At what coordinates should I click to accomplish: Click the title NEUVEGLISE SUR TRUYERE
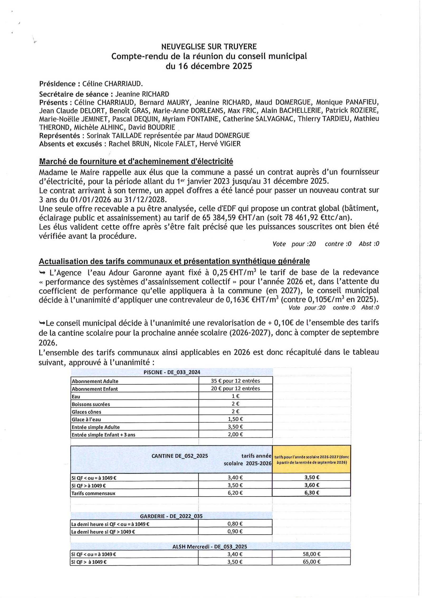(x=209, y=47)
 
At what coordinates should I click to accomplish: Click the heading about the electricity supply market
(x=136, y=161)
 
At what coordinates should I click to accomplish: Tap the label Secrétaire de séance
(x=74, y=94)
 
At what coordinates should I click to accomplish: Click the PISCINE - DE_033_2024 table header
(x=172, y=372)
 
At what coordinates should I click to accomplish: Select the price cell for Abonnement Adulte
(x=235, y=381)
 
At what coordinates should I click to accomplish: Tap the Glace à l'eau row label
(x=86, y=419)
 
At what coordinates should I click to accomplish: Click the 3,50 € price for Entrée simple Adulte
(x=235, y=427)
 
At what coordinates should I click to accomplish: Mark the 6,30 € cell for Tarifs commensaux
(x=311, y=493)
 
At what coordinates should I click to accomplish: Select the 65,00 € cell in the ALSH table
(x=311, y=562)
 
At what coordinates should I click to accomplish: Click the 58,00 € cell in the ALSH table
(x=311, y=554)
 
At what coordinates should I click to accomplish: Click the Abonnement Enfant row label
(x=95, y=389)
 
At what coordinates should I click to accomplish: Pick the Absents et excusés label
(x=70, y=144)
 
